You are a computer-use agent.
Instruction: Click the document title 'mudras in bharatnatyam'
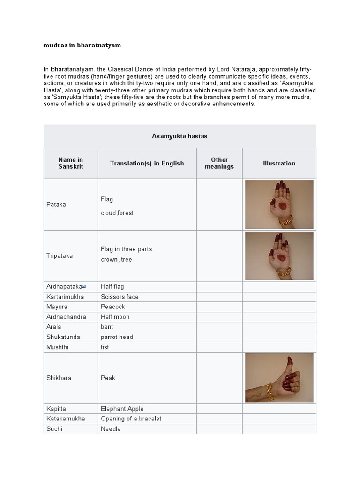click(82, 45)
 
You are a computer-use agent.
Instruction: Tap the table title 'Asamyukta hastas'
click(180, 136)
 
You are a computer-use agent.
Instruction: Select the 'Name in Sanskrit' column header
click(71, 163)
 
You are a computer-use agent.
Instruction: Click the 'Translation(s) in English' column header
click(147, 163)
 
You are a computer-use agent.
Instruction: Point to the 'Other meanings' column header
click(219, 163)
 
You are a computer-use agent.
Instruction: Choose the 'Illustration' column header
click(279, 163)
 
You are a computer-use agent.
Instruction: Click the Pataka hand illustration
click(279, 204)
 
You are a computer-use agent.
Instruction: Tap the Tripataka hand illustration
click(279, 255)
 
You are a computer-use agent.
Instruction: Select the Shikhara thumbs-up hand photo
click(279, 378)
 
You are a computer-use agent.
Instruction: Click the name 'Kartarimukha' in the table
click(66, 297)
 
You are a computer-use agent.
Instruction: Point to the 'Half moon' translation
click(115, 317)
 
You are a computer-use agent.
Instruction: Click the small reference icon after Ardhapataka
click(84, 286)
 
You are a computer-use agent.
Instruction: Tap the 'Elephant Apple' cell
click(122, 409)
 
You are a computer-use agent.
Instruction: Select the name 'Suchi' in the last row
click(54, 429)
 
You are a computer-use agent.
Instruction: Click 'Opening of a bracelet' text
click(131, 419)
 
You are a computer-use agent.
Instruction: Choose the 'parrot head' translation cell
click(117, 337)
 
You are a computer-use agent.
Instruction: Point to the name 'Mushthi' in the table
click(57, 347)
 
